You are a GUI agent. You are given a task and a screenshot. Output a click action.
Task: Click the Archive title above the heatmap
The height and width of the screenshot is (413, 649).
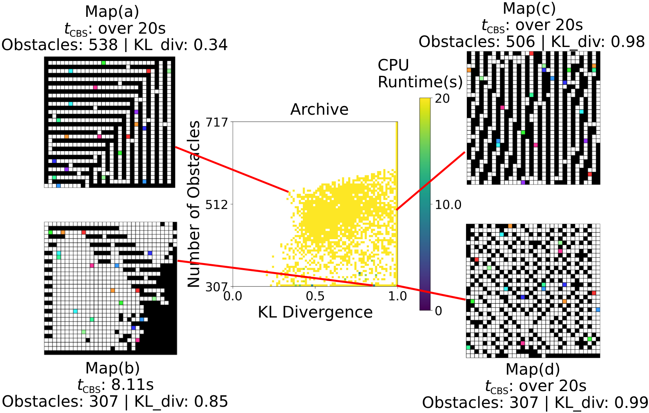pyautogui.click(x=319, y=109)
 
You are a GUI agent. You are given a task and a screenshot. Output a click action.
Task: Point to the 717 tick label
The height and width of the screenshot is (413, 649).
pyautogui.click(x=217, y=123)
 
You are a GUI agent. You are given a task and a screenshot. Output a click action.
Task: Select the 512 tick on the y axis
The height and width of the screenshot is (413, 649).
pyautogui.click(x=217, y=204)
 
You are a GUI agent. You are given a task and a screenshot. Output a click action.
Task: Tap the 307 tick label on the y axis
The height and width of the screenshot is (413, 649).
pyautogui.click(x=217, y=287)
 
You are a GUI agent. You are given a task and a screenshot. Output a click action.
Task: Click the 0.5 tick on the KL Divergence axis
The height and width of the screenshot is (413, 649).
pyautogui.click(x=315, y=296)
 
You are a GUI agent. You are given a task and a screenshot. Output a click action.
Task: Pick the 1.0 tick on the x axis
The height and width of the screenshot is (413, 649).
pyautogui.click(x=398, y=296)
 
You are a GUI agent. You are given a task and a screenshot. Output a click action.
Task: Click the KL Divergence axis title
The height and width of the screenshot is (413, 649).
pyautogui.click(x=315, y=312)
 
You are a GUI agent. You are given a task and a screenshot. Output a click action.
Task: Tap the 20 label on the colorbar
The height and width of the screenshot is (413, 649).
pyautogui.click(x=442, y=98)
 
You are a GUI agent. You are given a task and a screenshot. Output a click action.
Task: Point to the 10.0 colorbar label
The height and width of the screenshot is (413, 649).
pyautogui.click(x=448, y=205)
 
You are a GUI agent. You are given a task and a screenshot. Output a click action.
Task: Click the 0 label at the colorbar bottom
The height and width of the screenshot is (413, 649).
pyautogui.click(x=438, y=311)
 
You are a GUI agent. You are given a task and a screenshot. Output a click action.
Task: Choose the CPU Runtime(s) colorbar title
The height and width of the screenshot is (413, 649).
pyautogui.click(x=420, y=74)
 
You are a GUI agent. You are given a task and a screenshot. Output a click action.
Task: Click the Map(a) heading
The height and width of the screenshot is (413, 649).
pyautogui.click(x=112, y=12)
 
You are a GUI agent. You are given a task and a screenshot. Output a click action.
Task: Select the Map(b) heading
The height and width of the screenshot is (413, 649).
pyautogui.click(x=112, y=368)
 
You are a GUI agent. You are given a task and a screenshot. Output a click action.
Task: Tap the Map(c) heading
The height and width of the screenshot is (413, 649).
pyautogui.click(x=529, y=8)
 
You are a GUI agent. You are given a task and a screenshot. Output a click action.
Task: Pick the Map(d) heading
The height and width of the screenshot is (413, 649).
pyautogui.click(x=533, y=369)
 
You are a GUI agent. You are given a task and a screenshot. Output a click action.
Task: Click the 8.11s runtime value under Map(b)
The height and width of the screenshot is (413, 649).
pyautogui.click(x=132, y=385)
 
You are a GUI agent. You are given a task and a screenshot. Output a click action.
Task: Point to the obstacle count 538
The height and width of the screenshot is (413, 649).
pyautogui.click(x=103, y=45)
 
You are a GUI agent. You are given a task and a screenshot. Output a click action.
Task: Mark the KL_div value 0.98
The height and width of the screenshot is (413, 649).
pyautogui.click(x=627, y=42)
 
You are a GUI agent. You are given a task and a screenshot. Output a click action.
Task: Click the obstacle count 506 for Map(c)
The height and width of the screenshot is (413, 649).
pyautogui.click(x=520, y=42)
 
